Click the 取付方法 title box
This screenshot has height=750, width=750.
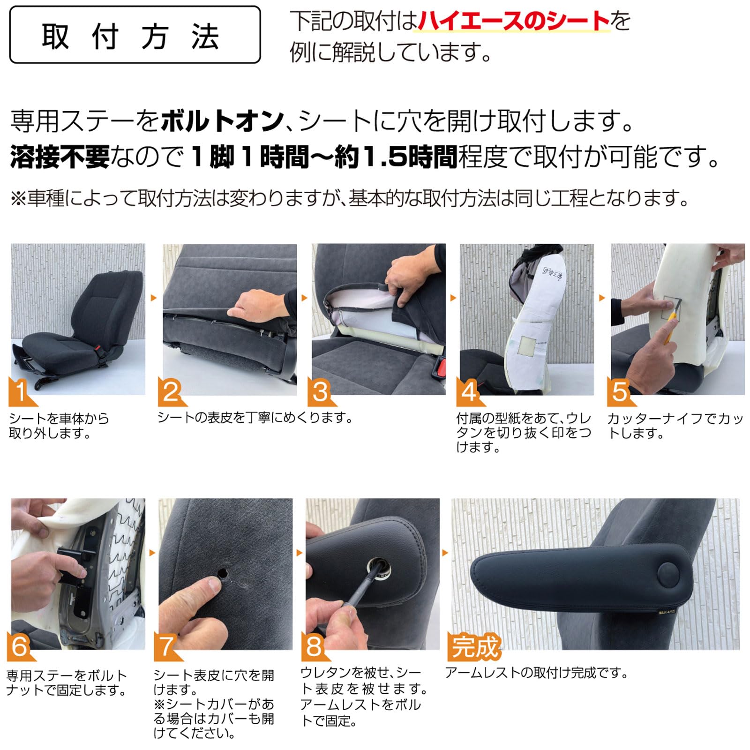coord(135,35)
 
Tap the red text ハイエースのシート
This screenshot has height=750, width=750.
coord(513,21)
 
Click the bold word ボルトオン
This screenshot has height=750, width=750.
coord(222,121)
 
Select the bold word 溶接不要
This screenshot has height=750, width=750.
coord(60,157)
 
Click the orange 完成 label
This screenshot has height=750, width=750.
coord(475,647)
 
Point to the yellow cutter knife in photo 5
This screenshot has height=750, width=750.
coord(670,328)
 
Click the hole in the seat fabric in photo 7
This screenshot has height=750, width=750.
coord(222,573)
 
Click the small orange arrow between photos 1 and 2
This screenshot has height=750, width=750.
coord(153,298)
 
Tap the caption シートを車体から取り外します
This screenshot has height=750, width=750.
coord(59,426)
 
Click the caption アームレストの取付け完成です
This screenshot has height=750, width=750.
coord(537,673)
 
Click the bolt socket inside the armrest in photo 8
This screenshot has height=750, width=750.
coord(379,564)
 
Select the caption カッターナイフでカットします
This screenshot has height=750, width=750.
coord(675,426)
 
